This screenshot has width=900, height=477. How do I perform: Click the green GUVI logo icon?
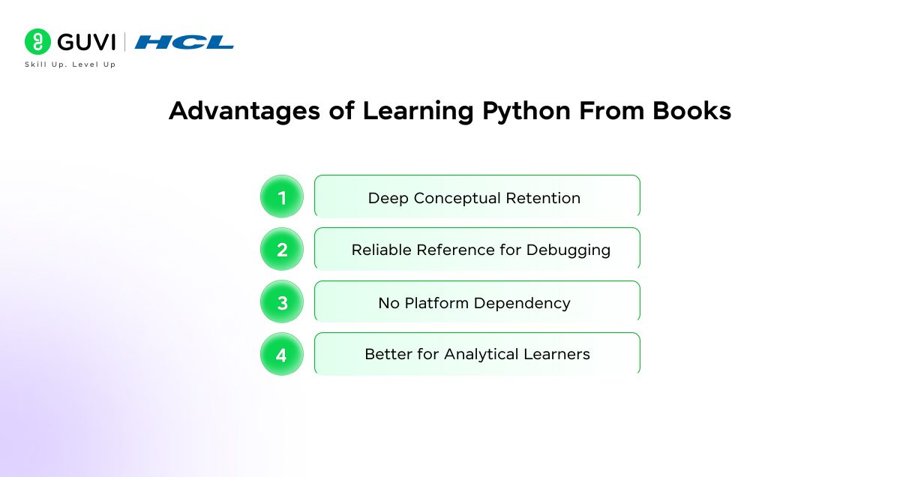pyautogui.click(x=37, y=41)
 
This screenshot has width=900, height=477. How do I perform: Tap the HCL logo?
pyautogui.click(x=184, y=42)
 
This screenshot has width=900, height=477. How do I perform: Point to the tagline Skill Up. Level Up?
pyautogui.click(x=70, y=64)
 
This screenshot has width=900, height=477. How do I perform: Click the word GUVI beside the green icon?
pyautogui.click(x=85, y=41)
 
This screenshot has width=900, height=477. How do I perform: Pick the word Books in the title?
pyautogui.click(x=691, y=111)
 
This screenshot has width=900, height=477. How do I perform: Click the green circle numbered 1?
pyautogui.click(x=282, y=197)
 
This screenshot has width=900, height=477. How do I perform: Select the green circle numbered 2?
pyautogui.click(x=282, y=250)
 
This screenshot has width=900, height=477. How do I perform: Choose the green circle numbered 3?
pyautogui.click(x=282, y=302)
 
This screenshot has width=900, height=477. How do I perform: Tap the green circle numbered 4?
pyautogui.click(x=282, y=355)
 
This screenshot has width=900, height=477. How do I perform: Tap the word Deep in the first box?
pyautogui.click(x=388, y=199)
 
